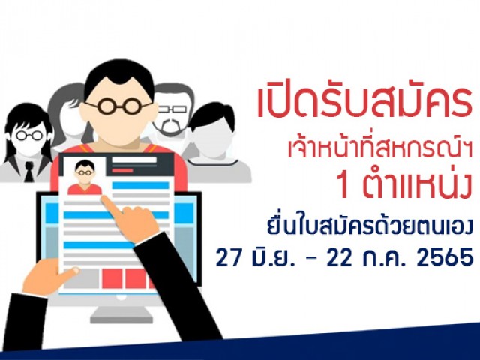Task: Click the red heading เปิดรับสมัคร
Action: tap(364, 102)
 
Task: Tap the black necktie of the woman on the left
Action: tap(28, 172)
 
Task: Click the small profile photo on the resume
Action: tap(85, 177)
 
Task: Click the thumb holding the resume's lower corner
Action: tap(68, 273)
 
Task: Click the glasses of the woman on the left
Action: tap(29, 135)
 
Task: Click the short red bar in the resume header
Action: tap(122, 170)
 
